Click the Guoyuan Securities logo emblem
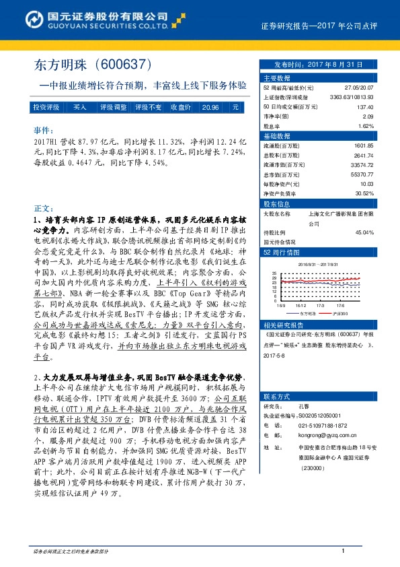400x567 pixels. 20,15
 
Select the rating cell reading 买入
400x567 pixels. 80,107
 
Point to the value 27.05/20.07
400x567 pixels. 360,88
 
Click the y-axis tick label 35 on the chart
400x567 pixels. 274,273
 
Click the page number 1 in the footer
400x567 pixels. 344,552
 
